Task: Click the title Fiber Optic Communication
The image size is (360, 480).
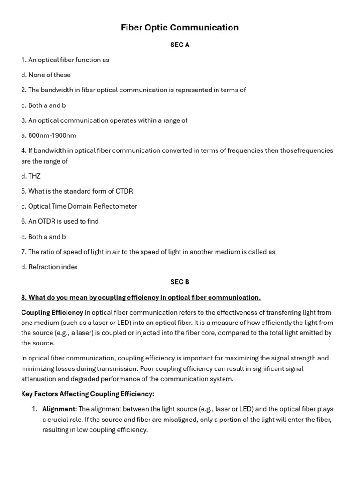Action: [180, 28]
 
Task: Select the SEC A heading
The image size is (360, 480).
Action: [180, 45]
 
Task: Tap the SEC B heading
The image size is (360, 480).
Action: [180, 282]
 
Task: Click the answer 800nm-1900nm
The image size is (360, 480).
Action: [52, 135]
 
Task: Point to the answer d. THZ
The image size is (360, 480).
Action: [31, 176]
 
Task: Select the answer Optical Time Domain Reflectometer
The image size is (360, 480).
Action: [82, 206]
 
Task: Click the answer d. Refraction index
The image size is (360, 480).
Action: [49, 267]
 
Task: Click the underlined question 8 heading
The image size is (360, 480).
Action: [141, 297]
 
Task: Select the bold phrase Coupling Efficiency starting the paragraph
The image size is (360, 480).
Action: [52, 312]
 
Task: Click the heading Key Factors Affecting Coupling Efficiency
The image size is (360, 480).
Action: [88, 394]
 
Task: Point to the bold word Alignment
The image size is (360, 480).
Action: [59, 409]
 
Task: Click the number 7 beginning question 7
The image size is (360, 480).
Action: [23, 252]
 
